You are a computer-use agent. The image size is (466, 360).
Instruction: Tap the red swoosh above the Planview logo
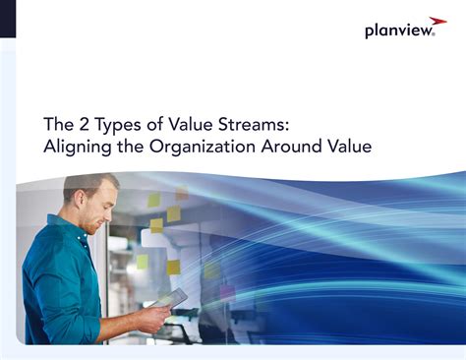tap(438, 20)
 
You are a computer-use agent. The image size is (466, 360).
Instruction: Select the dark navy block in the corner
tap(8, 19)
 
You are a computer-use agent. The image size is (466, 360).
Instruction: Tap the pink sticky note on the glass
tap(227, 292)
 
